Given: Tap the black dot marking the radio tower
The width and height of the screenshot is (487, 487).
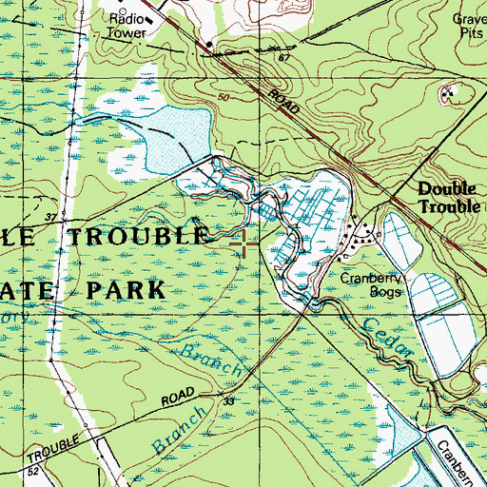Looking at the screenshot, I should point(207,44).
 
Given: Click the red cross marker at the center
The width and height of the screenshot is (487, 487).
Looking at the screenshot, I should point(244,245).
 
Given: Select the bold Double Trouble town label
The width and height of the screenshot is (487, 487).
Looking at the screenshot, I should point(452,198).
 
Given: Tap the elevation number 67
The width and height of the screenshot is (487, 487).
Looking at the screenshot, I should point(282,59).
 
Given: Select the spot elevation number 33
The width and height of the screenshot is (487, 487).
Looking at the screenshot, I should point(229,402).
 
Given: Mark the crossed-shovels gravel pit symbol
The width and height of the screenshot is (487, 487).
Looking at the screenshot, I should point(448,93).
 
